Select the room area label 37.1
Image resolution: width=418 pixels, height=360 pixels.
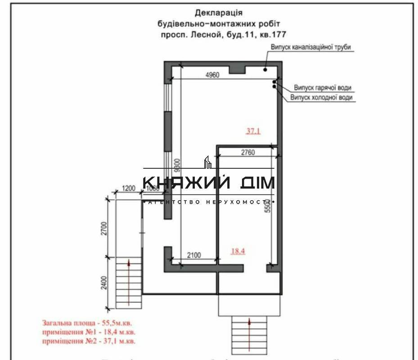click(x=253, y=131)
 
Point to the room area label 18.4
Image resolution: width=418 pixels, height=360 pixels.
click(x=238, y=252)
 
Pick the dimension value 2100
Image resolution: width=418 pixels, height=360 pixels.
click(x=195, y=255)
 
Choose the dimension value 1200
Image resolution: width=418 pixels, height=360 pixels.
click(x=129, y=189)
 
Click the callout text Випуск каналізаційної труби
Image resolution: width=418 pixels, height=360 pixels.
click(x=310, y=47)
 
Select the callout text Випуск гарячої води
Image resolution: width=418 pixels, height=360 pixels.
click(x=323, y=87)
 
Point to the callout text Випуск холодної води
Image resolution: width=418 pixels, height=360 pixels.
click(x=321, y=97)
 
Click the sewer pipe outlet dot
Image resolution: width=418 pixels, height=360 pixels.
click(x=265, y=70)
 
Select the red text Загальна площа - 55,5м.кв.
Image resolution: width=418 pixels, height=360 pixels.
click(x=88, y=323)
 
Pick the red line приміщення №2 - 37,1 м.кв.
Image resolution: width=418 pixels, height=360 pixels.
click(x=89, y=342)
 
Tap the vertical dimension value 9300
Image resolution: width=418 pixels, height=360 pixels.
click(x=179, y=167)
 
